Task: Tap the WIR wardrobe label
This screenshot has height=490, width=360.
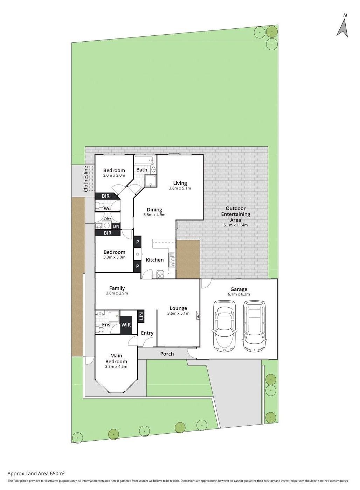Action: pos(126,324)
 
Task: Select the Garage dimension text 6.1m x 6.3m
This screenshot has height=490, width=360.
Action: pos(238,294)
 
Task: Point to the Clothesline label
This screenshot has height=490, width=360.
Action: pos(86,179)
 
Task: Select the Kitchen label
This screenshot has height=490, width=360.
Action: pos(155,260)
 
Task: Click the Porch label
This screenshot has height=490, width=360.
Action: pos(167,354)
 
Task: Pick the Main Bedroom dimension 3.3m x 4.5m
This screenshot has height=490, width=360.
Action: pos(116,367)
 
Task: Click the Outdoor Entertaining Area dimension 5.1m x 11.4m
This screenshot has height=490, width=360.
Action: pos(235,225)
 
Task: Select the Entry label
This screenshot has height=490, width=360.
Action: pos(147,333)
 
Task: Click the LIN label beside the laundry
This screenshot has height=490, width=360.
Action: pos(116,226)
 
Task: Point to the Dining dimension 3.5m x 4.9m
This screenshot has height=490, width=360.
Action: pos(154,215)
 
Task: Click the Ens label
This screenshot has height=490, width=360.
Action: pos(106,325)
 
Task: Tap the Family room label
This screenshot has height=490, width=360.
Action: pos(117,288)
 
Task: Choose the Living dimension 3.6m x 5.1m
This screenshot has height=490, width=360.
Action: pos(180,188)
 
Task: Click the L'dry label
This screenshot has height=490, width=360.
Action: pos(107,218)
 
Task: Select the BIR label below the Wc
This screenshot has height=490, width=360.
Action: pos(108,233)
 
